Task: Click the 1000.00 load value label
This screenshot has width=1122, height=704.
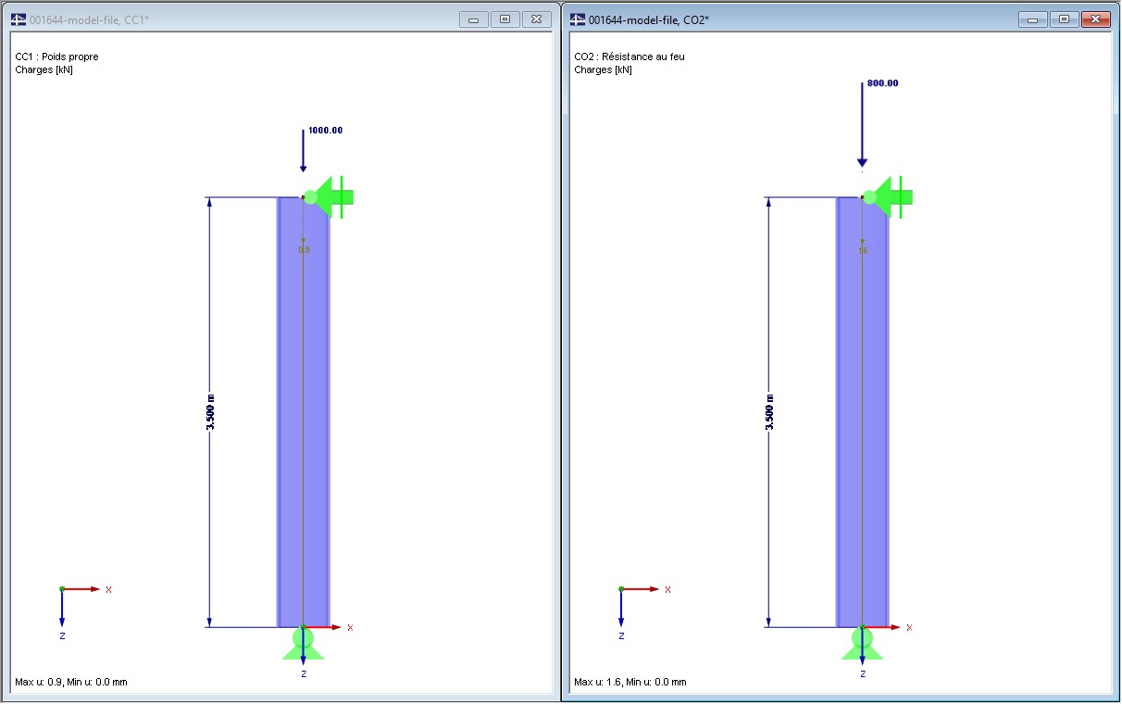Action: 325,131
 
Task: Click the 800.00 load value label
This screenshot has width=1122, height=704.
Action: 882,83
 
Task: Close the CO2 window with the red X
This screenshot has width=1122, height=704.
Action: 1095,19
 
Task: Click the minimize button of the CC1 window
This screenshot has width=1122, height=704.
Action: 474,19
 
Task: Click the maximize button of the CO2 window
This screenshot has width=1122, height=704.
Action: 1065,19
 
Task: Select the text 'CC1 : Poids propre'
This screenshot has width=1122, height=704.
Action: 56,57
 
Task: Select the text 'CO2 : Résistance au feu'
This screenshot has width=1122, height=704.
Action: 630,57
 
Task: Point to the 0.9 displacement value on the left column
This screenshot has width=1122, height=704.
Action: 304,249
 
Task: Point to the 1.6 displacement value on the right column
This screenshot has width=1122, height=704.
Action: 863,250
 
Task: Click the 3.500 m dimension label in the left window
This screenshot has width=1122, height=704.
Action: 210,412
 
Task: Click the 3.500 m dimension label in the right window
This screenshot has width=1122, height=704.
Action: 769,412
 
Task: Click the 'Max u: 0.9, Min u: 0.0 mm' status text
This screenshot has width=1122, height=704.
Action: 71,682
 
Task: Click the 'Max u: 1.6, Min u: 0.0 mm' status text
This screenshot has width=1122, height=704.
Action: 630,682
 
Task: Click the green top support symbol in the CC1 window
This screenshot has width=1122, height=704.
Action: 329,196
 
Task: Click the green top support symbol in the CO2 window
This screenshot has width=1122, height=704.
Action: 888,196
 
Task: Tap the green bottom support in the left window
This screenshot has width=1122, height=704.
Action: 304,642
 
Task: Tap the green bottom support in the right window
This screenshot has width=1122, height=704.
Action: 862,642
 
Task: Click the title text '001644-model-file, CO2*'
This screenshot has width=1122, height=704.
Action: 648,19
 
